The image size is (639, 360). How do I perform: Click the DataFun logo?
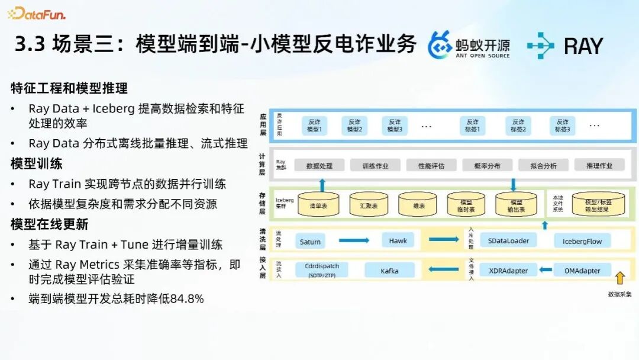coord(37,12)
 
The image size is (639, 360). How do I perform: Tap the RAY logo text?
coord(583,46)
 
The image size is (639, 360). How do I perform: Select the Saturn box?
coord(310,242)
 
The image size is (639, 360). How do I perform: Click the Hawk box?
coord(398,241)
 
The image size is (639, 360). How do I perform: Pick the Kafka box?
coord(389,271)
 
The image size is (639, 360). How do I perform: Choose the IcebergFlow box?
coord(582,242)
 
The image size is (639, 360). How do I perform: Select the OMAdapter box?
coord(582,271)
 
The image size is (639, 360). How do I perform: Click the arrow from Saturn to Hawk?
coord(354,240)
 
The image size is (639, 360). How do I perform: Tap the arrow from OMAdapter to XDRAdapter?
coord(543,271)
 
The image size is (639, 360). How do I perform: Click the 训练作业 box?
coord(375,166)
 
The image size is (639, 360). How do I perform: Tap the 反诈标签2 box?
coord(518,125)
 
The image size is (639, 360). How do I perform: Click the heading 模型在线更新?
coord(49,224)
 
